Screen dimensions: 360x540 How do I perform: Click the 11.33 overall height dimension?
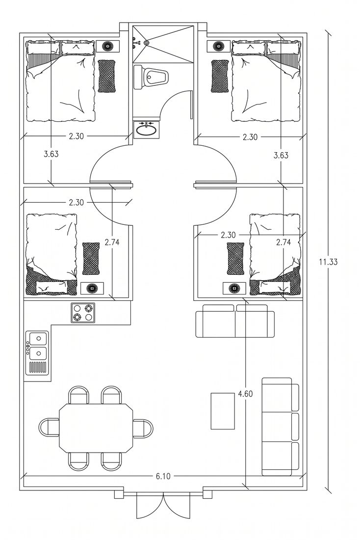[328, 262]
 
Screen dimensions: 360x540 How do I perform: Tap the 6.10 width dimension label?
[163, 476]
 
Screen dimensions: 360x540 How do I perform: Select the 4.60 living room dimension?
[245, 394]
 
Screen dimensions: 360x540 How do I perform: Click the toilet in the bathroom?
[151, 77]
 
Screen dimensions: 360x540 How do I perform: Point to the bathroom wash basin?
[146, 130]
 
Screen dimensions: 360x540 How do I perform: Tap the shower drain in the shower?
[147, 43]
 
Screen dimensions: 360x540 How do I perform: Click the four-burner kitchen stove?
[83, 313]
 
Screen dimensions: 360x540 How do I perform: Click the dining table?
[96, 428]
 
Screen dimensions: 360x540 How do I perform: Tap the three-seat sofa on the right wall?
[281, 426]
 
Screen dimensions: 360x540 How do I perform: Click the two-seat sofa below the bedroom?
[235, 321]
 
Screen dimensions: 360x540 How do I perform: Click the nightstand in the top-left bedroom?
[108, 46]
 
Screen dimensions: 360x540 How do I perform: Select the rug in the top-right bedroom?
[220, 76]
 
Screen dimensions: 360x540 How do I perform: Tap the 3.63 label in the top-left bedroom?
[51, 154]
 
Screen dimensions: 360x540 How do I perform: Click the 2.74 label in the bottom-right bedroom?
[283, 243]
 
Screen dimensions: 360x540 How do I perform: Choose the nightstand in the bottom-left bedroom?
[92, 288]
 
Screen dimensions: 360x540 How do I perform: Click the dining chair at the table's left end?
[49, 428]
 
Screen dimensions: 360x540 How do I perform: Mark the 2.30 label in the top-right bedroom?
[250, 137]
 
